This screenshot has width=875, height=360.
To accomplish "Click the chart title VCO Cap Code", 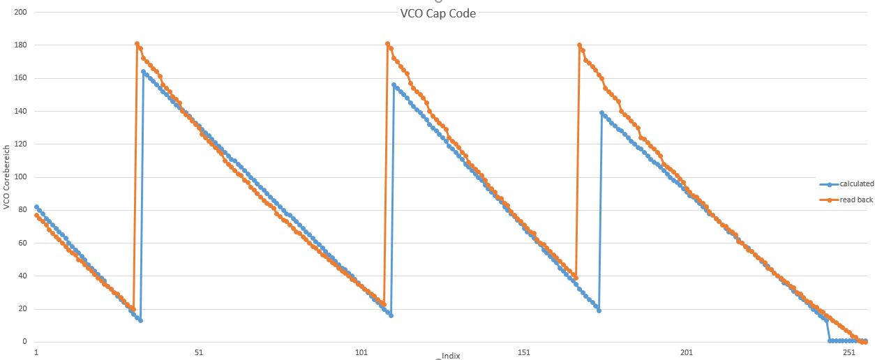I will pyautogui.click(x=437, y=13).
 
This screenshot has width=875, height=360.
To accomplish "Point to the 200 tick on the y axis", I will pyautogui.click(x=20, y=13).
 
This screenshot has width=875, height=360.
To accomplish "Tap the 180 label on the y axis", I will pyautogui.click(x=20, y=45).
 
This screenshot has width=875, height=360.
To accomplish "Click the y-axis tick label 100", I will pyautogui.click(x=20, y=177).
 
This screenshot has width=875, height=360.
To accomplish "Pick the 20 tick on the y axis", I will pyautogui.click(x=22, y=309).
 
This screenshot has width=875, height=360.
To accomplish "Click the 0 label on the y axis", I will pyautogui.click(x=24, y=342).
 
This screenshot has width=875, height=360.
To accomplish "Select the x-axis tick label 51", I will pyautogui.click(x=199, y=352).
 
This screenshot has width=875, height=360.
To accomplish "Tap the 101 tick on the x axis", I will pyautogui.click(x=361, y=352).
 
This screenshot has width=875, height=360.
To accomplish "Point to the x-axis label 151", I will pyautogui.click(x=524, y=352).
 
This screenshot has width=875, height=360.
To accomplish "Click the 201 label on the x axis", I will pyautogui.click(x=687, y=352).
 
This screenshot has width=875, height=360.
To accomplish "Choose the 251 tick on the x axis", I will pyautogui.click(x=849, y=352).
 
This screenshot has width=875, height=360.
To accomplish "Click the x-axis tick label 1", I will pyautogui.click(x=36, y=352).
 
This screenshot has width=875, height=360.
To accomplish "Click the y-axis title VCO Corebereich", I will pyautogui.click(x=6, y=177).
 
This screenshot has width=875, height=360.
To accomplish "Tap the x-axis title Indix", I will pyautogui.click(x=450, y=356).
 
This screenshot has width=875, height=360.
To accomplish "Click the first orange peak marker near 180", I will pyautogui.click(x=137, y=44).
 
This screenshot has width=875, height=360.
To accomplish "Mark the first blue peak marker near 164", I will pyautogui.click(x=143, y=71).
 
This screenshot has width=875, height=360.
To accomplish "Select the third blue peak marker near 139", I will pyautogui.click(x=601, y=112).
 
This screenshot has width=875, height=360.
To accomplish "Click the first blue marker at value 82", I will pyautogui.click(x=36, y=207).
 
